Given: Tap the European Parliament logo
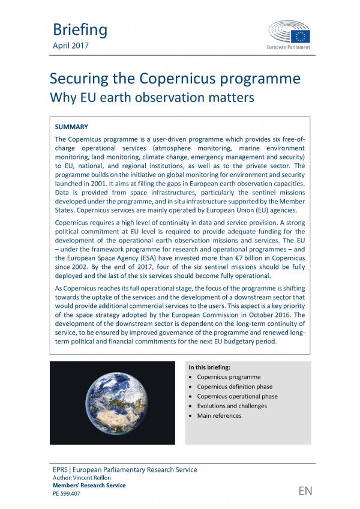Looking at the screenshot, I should pyautogui.click(x=289, y=35).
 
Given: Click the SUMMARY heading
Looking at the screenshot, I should pyautogui.click(x=71, y=127).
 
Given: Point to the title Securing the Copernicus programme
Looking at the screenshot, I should pyautogui.click(x=175, y=79).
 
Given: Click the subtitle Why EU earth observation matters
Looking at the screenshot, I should pyautogui.click(x=152, y=97).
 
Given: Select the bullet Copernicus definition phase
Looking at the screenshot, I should pyautogui.click(x=235, y=387).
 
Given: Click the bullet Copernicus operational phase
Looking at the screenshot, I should pyautogui.click(x=237, y=396).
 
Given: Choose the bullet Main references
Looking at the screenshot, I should pyautogui.click(x=219, y=415).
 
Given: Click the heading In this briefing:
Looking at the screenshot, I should pyautogui.click(x=214, y=367).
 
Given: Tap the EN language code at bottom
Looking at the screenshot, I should pyautogui.click(x=305, y=491).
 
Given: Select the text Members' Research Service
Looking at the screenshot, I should pyautogui.click(x=89, y=486).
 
